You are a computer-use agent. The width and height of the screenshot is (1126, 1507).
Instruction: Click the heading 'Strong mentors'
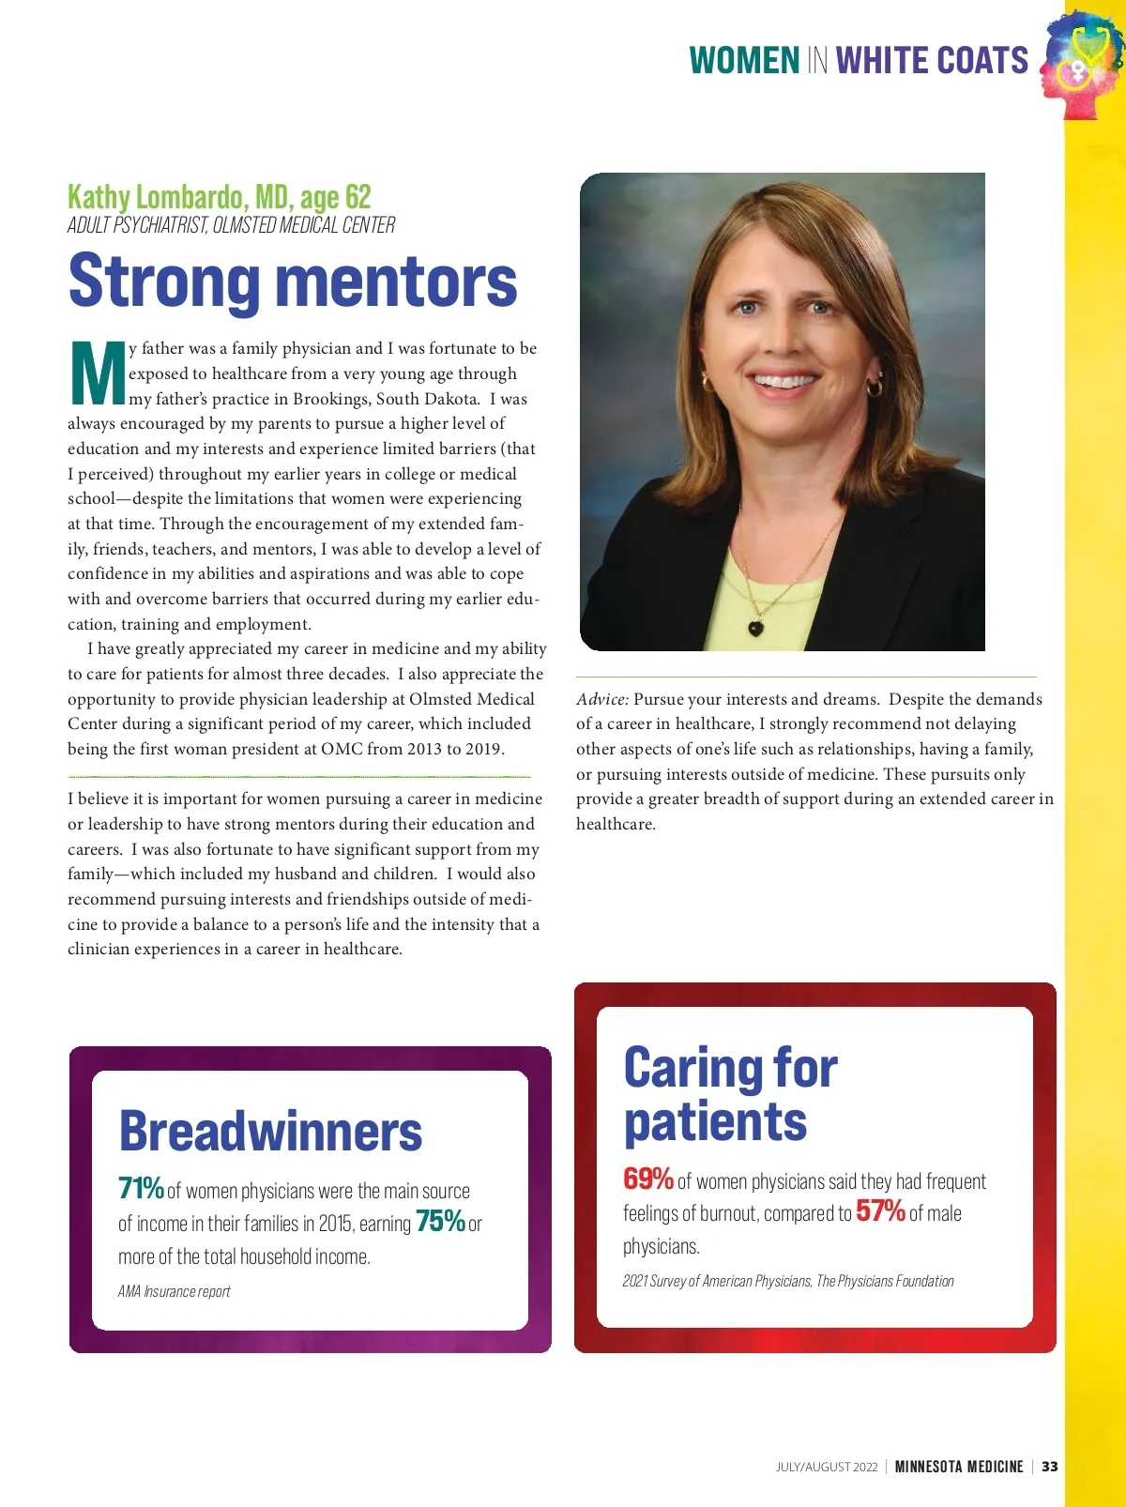(x=293, y=281)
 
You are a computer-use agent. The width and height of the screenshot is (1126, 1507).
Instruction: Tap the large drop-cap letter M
(x=98, y=373)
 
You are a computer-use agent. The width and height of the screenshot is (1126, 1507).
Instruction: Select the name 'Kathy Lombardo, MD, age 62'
(x=220, y=197)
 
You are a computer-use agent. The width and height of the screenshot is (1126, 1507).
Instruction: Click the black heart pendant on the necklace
(x=755, y=628)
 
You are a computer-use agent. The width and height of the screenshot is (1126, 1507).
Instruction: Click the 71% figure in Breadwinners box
(x=141, y=1188)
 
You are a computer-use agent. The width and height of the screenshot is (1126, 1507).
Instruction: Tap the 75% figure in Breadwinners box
(x=440, y=1221)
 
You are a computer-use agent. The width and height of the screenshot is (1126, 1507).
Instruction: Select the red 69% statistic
(x=647, y=1178)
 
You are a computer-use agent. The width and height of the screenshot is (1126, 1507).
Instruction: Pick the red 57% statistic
(x=880, y=1210)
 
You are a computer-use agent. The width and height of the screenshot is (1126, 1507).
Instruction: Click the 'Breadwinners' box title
(x=270, y=1131)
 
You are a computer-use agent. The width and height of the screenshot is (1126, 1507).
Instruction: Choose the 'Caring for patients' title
(x=730, y=1094)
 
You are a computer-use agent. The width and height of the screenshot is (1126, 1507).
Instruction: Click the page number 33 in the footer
(x=1050, y=1467)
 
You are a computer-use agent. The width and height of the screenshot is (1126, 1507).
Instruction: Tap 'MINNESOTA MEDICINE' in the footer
(x=959, y=1467)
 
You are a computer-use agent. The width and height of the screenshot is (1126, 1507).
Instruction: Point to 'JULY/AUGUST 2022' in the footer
(x=827, y=1467)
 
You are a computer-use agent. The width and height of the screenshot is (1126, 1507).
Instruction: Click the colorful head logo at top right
(x=1082, y=65)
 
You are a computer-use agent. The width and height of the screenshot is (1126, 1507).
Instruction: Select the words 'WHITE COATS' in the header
(x=932, y=61)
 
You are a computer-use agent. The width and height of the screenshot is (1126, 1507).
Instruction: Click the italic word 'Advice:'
(x=602, y=699)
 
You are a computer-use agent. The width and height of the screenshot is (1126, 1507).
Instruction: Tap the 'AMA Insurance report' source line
(x=175, y=1291)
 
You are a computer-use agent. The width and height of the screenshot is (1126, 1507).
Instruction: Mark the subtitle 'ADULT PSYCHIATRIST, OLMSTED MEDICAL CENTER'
(x=231, y=225)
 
